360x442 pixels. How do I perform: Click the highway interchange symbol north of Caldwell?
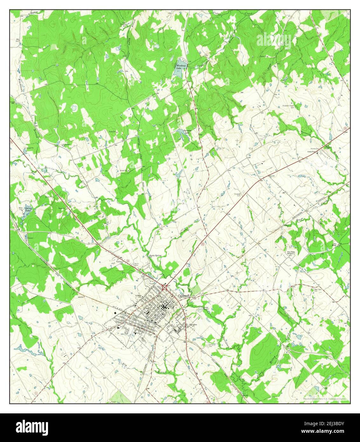point(165,287)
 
